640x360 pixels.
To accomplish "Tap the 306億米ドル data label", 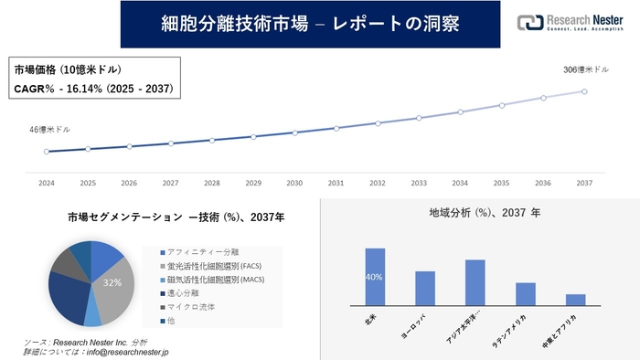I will pos(583,69).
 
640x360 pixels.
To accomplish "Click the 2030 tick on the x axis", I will pos(294,183).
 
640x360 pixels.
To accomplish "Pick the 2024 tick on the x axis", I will pos(47,183).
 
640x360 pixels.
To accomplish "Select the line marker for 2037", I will pos(583,91).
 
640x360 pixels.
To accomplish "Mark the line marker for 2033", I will pos(419,118).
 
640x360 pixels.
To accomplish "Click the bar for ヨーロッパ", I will pos(424,288).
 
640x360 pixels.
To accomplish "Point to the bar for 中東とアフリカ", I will pos(575,300).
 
